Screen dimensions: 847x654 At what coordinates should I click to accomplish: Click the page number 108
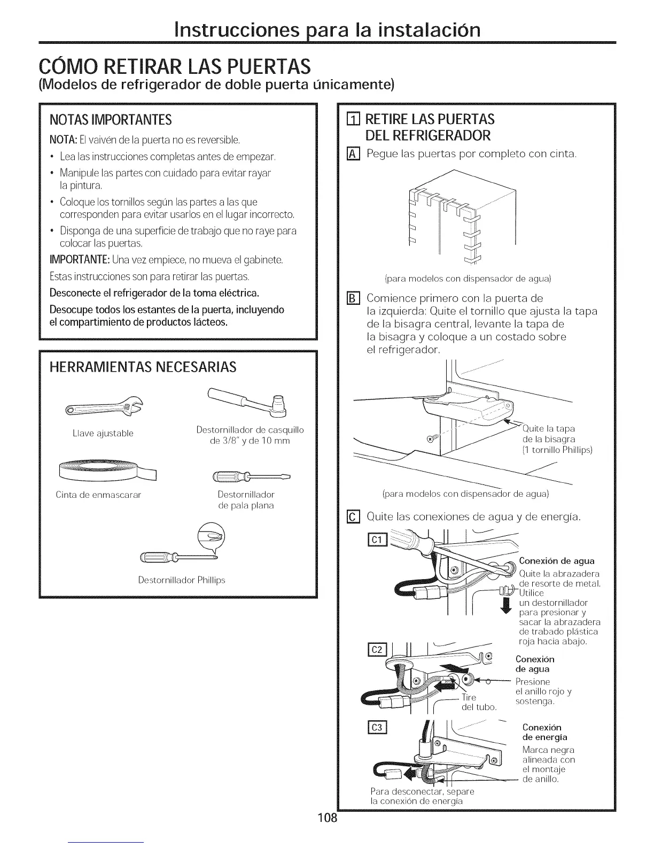(x=326, y=818)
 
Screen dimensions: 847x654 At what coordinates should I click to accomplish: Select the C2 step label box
(x=377, y=650)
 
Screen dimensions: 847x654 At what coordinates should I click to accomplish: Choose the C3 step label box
(x=377, y=728)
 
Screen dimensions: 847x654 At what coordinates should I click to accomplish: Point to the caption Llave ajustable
(x=103, y=433)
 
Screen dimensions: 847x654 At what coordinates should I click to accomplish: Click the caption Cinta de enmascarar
(x=98, y=495)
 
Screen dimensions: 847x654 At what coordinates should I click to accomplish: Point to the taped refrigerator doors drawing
(x=460, y=217)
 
